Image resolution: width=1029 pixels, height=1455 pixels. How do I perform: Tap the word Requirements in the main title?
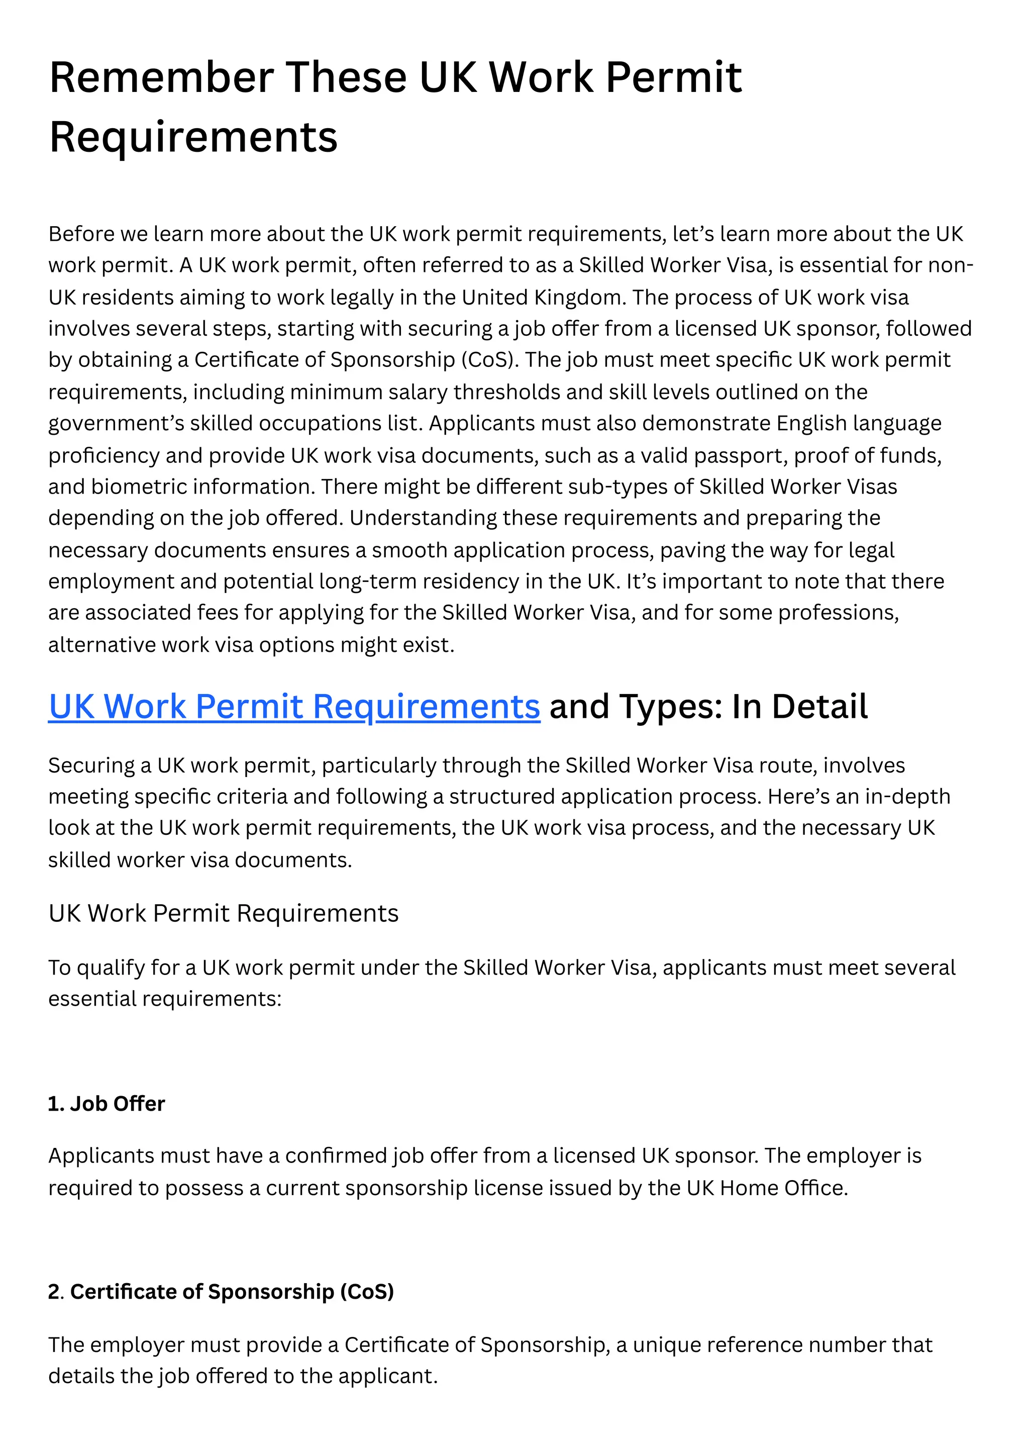(193, 137)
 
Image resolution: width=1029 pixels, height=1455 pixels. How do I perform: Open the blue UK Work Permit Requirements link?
(294, 706)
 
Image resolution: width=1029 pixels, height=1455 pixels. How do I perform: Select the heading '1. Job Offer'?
(107, 1104)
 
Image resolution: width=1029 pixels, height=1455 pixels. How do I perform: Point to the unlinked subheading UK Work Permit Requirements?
(224, 913)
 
